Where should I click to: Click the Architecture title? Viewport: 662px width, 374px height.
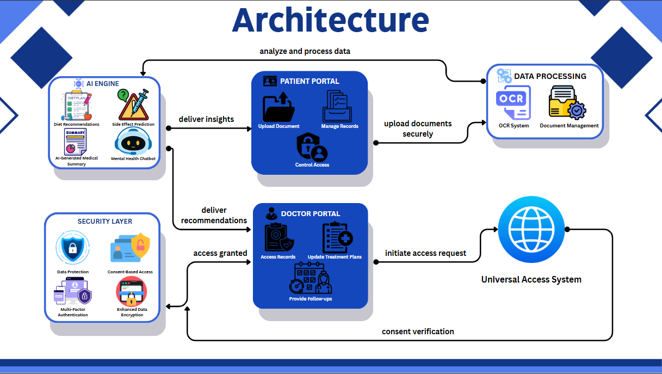coord(330,21)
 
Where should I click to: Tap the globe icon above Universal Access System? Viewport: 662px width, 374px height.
coord(531,230)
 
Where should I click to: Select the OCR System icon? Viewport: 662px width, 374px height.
coord(513,103)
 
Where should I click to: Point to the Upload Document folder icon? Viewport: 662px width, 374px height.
coord(279,107)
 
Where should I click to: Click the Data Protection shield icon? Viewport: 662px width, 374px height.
coord(72,249)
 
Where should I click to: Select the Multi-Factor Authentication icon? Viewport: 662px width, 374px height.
coord(72,292)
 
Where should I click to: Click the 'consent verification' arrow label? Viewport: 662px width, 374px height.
coord(418,332)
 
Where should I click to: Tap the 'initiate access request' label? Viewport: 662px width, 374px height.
coord(425,253)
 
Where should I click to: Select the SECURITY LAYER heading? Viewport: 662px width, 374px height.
coord(105,222)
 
